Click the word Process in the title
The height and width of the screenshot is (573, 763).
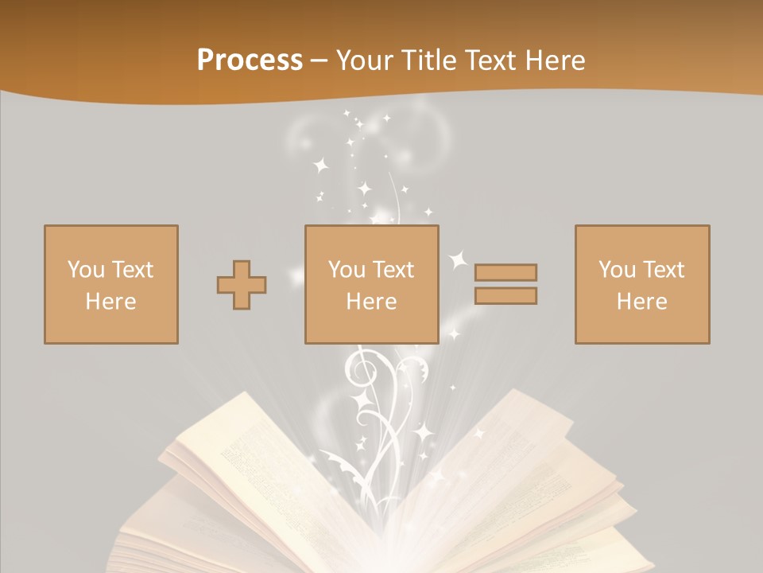pyautogui.click(x=250, y=60)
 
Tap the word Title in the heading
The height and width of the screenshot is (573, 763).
pyautogui.click(x=429, y=60)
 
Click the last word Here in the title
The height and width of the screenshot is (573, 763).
pyautogui.click(x=554, y=60)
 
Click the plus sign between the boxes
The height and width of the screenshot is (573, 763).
pyautogui.click(x=242, y=285)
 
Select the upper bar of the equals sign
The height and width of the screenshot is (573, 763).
pyautogui.click(x=505, y=272)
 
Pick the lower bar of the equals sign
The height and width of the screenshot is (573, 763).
pyautogui.click(x=505, y=296)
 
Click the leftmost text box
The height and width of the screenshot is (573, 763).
pyautogui.click(x=111, y=285)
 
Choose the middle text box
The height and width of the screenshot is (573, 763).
pyautogui.click(x=371, y=285)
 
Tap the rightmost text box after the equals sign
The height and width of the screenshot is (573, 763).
pyautogui.click(x=642, y=285)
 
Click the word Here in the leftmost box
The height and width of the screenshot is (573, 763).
pyautogui.click(x=111, y=302)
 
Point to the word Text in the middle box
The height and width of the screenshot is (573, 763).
pyautogui.click(x=393, y=270)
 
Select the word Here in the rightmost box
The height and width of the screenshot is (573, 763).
pyautogui.click(x=642, y=302)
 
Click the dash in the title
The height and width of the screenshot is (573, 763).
pyautogui.click(x=319, y=60)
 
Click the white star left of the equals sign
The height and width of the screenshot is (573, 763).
pyautogui.click(x=458, y=259)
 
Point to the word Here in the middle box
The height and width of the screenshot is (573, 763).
pyautogui.click(x=371, y=302)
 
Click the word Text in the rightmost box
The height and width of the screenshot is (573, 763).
pyautogui.click(x=664, y=270)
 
